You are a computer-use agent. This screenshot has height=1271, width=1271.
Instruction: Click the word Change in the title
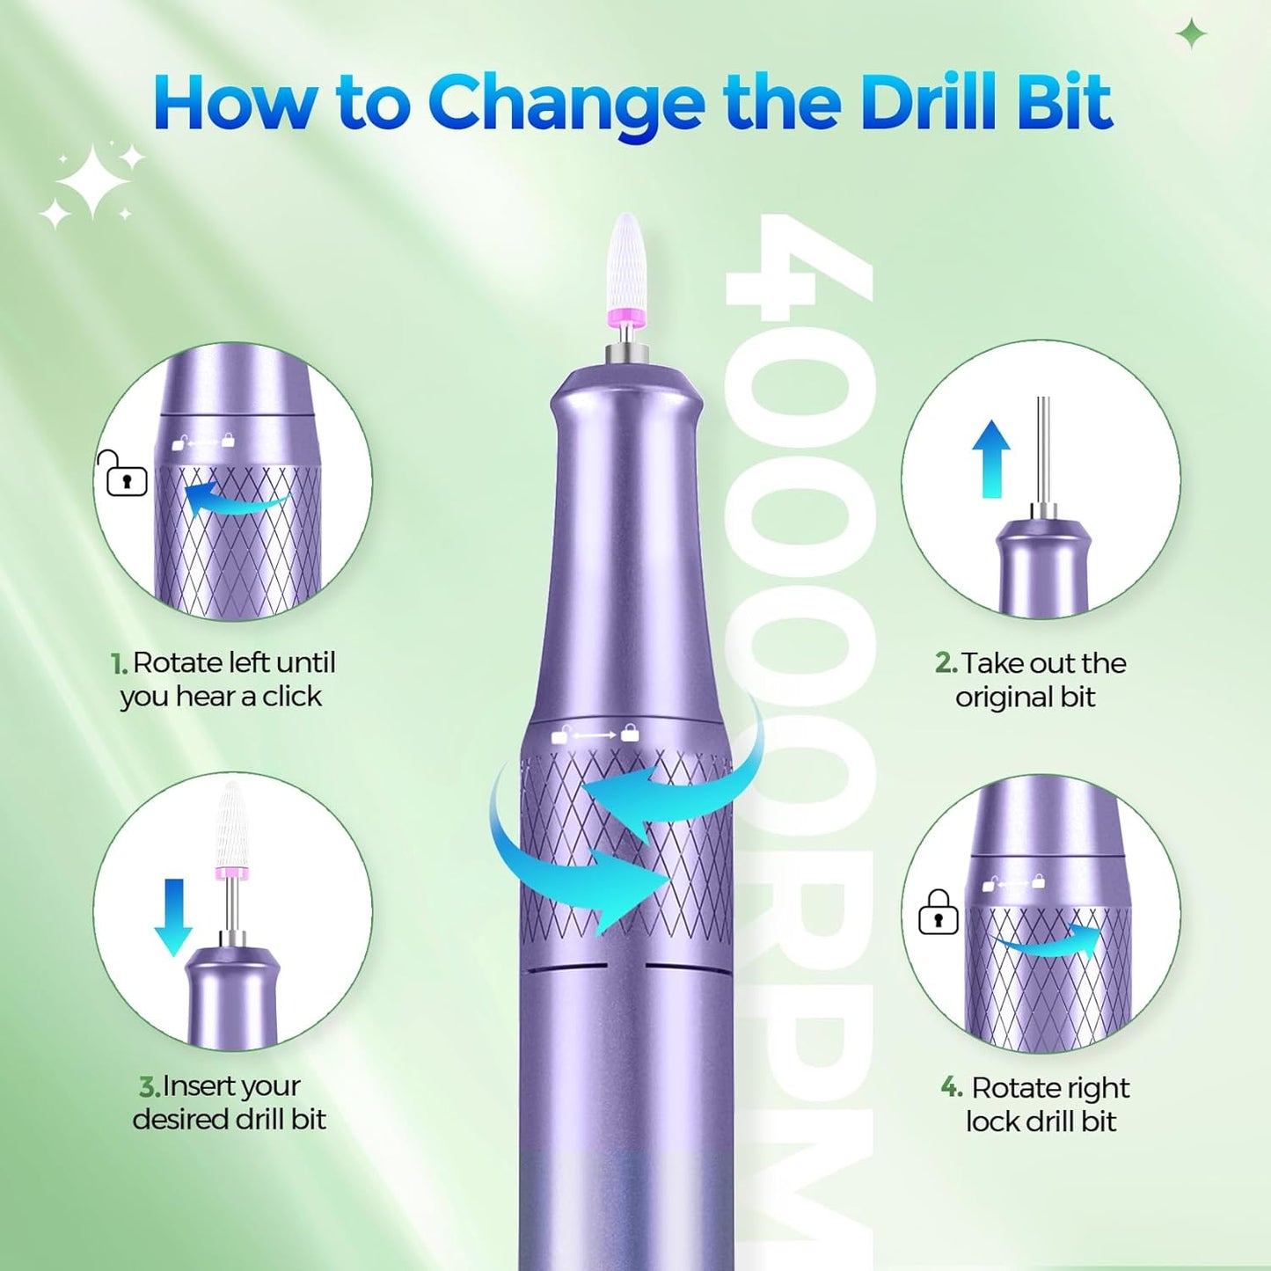tap(566, 104)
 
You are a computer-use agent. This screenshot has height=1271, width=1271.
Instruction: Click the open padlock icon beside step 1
tap(123, 475)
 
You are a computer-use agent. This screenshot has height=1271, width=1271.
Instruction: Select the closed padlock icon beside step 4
tap(938, 912)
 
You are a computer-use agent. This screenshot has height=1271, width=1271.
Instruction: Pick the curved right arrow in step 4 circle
tap(1051, 943)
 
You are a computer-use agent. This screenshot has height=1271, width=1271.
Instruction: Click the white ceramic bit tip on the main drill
tap(627, 259)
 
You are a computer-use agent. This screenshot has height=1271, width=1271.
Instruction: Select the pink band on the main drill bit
tap(627, 317)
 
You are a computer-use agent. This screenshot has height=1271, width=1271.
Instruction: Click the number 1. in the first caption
tap(120, 663)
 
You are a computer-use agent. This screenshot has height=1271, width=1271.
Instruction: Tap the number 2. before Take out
tap(946, 663)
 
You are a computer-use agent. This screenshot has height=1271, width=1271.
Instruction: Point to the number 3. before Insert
tap(150, 1087)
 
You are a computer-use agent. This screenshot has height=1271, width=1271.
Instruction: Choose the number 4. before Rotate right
tap(952, 1087)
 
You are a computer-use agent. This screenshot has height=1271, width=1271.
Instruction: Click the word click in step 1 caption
tap(292, 697)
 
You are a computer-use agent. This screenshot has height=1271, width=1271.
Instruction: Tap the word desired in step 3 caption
tap(179, 1120)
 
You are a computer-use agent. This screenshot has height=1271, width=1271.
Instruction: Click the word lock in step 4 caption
tap(990, 1121)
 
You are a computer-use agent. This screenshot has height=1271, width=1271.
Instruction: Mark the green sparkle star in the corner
tap(1192, 34)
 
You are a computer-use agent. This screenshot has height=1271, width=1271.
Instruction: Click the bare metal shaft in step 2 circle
tap(1043, 449)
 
